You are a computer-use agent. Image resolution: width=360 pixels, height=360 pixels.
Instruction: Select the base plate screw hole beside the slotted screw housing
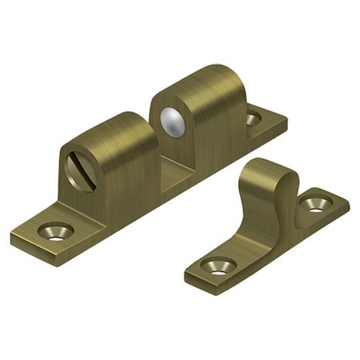[x=55, y=231]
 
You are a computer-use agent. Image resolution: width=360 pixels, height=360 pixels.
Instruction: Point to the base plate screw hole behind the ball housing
[x=253, y=119]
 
